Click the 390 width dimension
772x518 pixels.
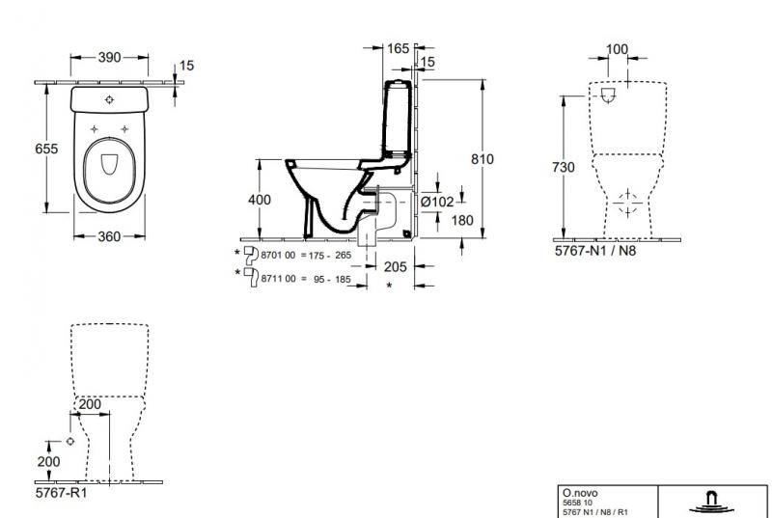[x=110, y=58]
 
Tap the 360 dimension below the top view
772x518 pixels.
[x=109, y=236]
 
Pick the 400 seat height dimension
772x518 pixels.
[x=259, y=200]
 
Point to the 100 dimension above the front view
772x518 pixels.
[x=617, y=49]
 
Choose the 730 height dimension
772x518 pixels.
[x=565, y=168]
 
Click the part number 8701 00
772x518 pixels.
[x=279, y=256]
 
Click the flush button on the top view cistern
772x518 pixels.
[x=109, y=99]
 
